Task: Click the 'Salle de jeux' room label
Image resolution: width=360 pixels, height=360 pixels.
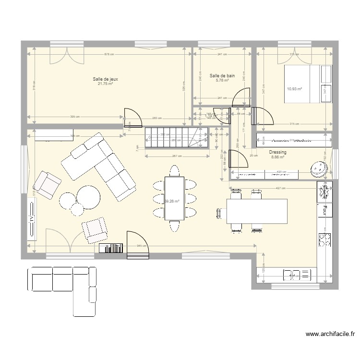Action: [105, 79]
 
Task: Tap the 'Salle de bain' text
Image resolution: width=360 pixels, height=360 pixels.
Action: [222, 76]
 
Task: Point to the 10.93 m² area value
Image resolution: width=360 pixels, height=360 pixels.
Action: [294, 89]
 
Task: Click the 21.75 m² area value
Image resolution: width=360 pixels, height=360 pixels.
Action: [105, 84]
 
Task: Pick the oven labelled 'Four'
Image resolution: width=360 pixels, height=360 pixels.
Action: [325, 210]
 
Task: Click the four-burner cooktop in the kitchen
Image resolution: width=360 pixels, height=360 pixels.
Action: [325, 239]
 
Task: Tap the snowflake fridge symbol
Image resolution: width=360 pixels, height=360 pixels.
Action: [325, 191]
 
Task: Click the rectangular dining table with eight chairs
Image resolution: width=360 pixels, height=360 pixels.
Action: [174, 198]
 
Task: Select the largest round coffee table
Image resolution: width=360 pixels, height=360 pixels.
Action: [88, 196]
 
